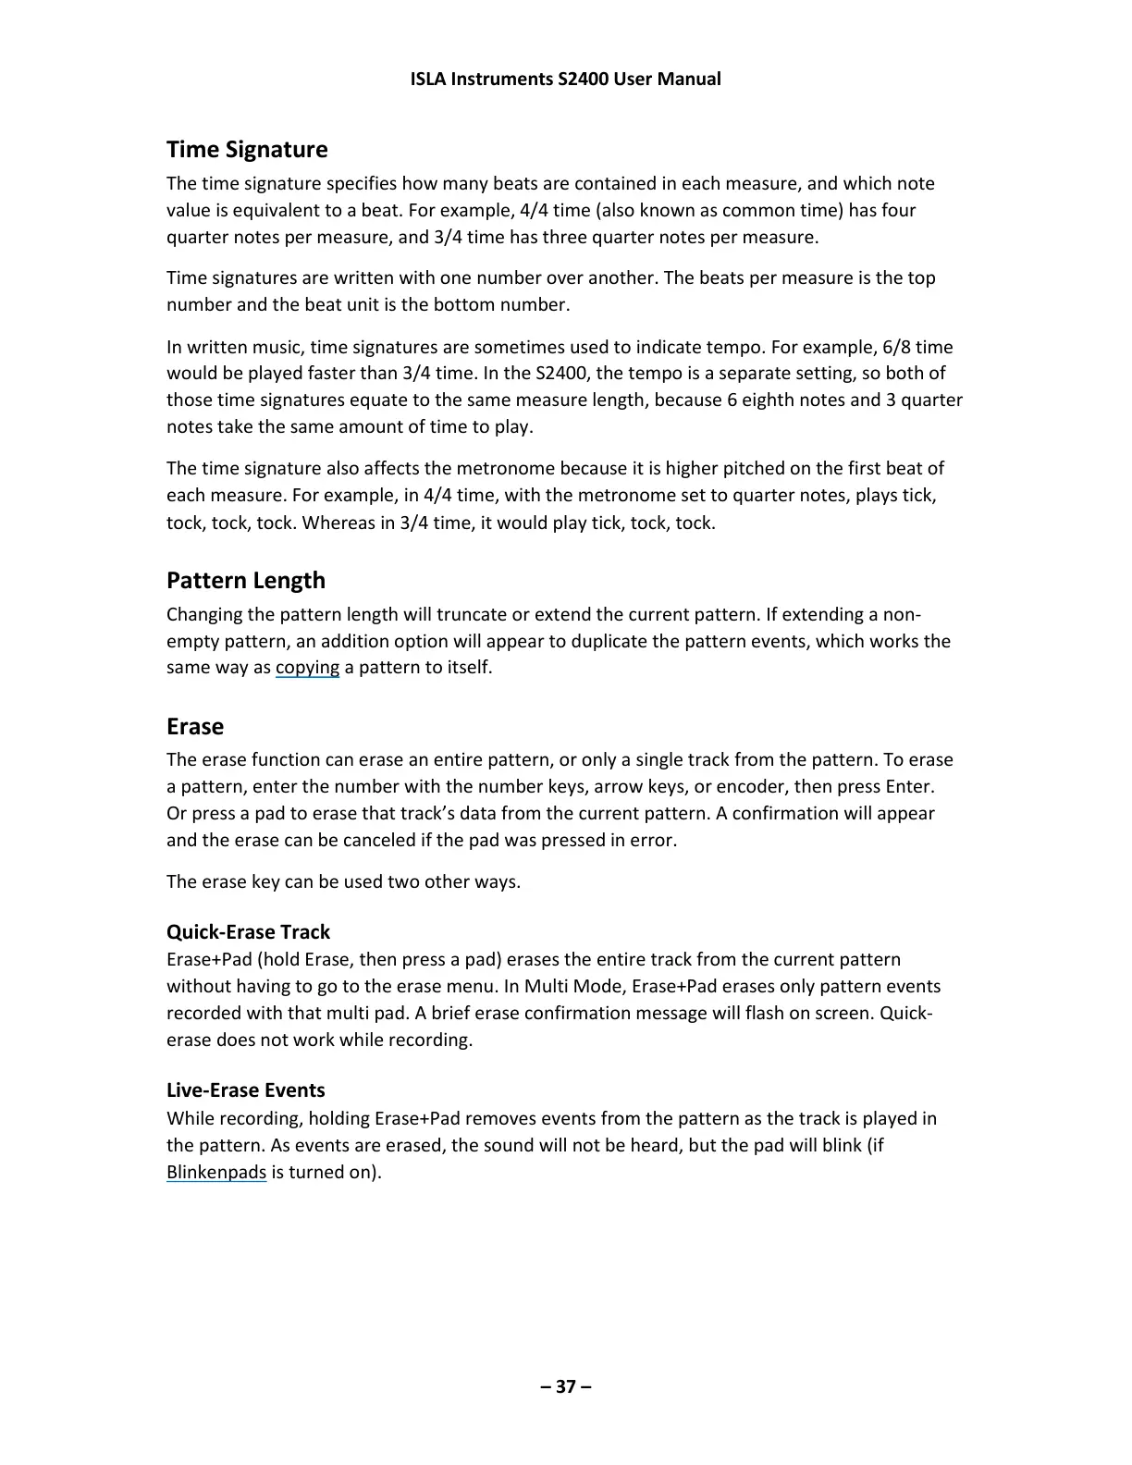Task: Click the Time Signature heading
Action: coord(247,150)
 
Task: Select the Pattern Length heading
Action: coord(246,581)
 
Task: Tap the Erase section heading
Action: coord(195,727)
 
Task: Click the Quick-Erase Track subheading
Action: coord(248,932)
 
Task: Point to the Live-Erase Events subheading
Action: coord(246,1090)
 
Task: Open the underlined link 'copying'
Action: coord(307,668)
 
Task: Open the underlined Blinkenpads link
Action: coord(216,1173)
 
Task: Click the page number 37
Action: coord(566,1386)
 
